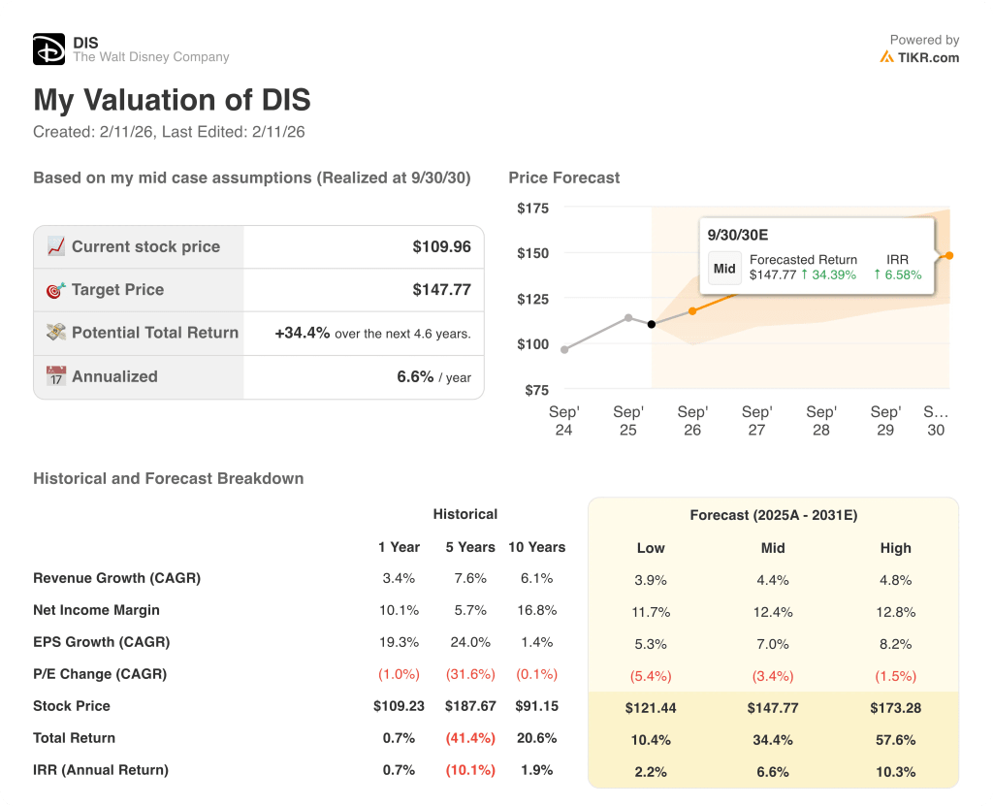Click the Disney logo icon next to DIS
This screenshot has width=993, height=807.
[x=48, y=49]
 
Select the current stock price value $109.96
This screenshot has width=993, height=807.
[x=441, y=247]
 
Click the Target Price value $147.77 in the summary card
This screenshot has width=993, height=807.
[x=441, y=290]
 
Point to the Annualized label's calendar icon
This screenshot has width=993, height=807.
[x=56, y=376]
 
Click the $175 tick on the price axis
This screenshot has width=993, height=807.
[x=532, y=209]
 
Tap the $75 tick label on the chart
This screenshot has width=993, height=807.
[x=535, y=390]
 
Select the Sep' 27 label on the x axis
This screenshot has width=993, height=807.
[x=756, y=421]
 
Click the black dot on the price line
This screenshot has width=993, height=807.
[x=652, y=324]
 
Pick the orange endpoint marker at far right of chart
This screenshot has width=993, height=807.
[x=949, y=256]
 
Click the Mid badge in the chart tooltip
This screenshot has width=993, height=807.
[x=724, y=269]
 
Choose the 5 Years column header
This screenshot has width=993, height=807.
[x=470, y=547]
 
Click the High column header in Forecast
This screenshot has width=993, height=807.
[x=895, y=548]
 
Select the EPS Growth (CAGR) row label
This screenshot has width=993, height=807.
[x=101, y=642]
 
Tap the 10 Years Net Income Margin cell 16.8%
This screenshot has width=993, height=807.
[x=536, y=610]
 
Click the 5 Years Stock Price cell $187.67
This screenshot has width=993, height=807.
[x=470, y=706]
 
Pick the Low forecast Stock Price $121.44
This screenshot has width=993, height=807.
[x=651, y=708]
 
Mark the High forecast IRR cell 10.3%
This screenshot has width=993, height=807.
[x=895, y=772]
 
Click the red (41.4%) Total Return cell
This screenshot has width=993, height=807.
[x=470, y=738]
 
